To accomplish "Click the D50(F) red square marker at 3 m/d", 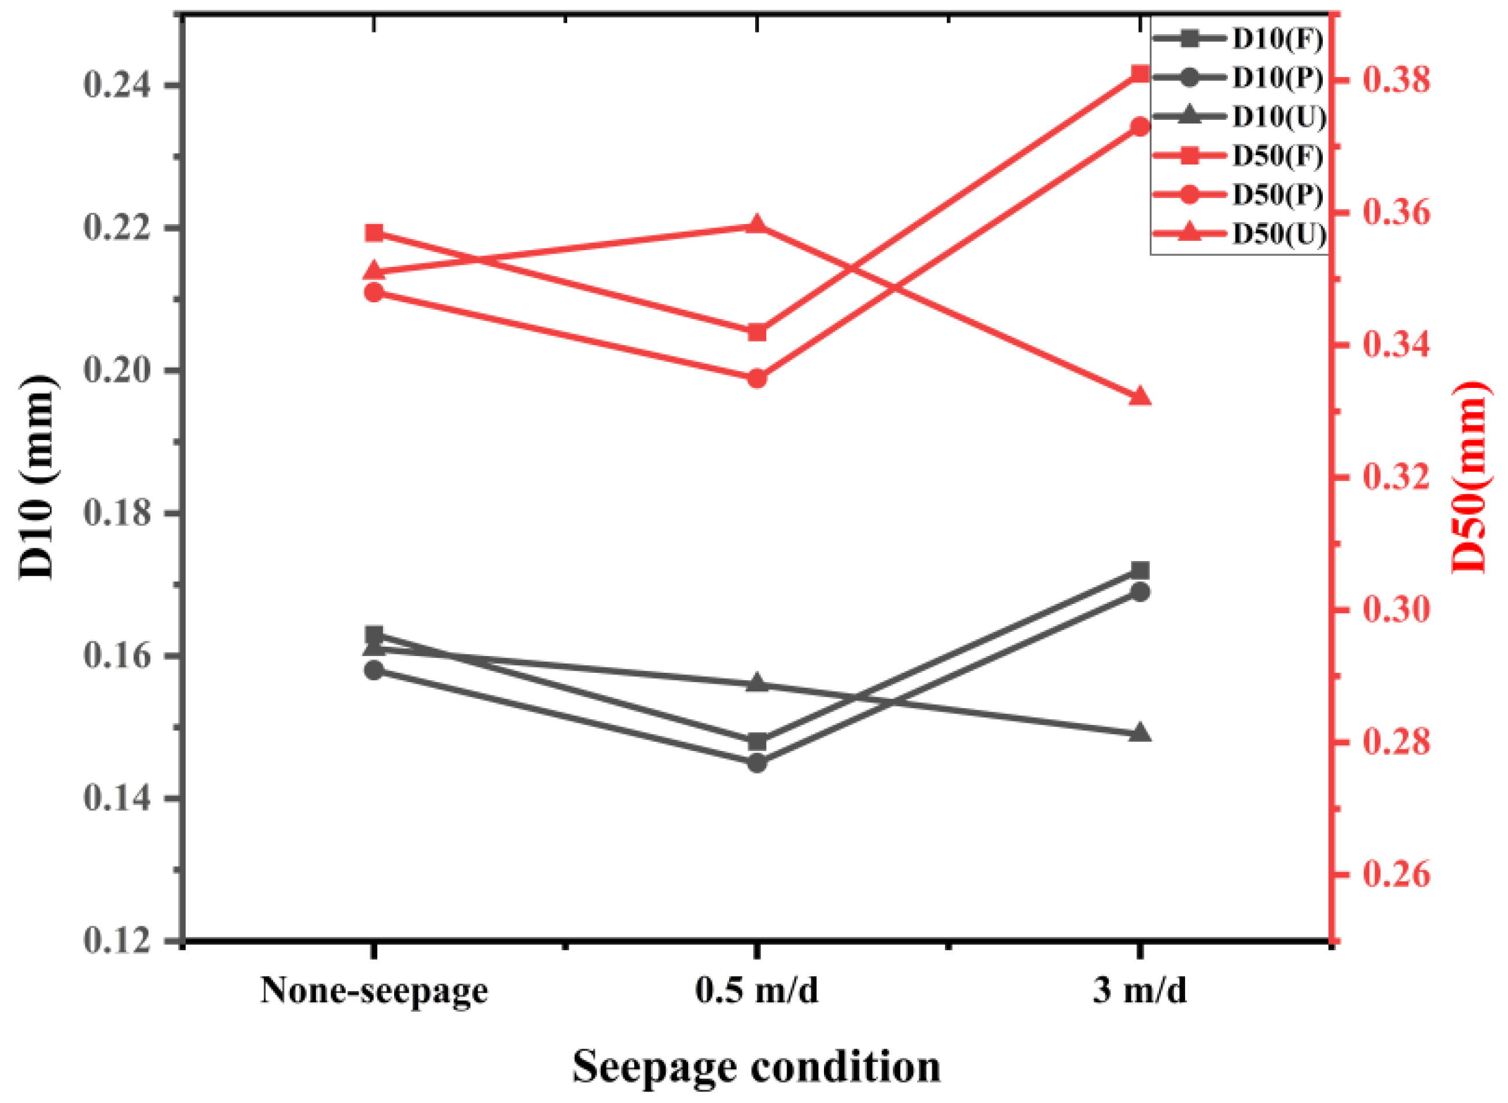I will (1139, 73).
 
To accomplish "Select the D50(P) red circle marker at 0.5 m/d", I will (757, 379).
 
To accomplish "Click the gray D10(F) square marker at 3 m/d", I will (1139, 570).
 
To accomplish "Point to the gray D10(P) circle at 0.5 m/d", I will (757, 763).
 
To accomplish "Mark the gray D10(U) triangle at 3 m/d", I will (1139, 732).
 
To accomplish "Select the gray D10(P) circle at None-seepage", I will (374, 670).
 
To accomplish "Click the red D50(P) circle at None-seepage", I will (374, 292).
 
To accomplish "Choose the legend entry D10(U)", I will (1277, 117).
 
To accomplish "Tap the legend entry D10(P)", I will (1277, 78).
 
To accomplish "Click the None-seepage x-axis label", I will (374, 991).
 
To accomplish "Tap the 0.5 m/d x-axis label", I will (757, 991).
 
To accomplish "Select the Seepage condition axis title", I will (757, 1067).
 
